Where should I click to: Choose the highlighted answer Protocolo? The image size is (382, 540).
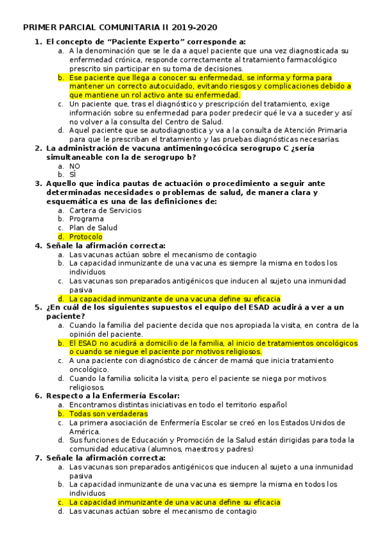pos(86,236)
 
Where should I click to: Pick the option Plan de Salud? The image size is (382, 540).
pos(93,227)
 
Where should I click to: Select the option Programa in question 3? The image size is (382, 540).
pos(86,218)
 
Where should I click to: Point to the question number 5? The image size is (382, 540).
pos(38,307)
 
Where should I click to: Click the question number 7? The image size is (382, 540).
pos(38,457)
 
